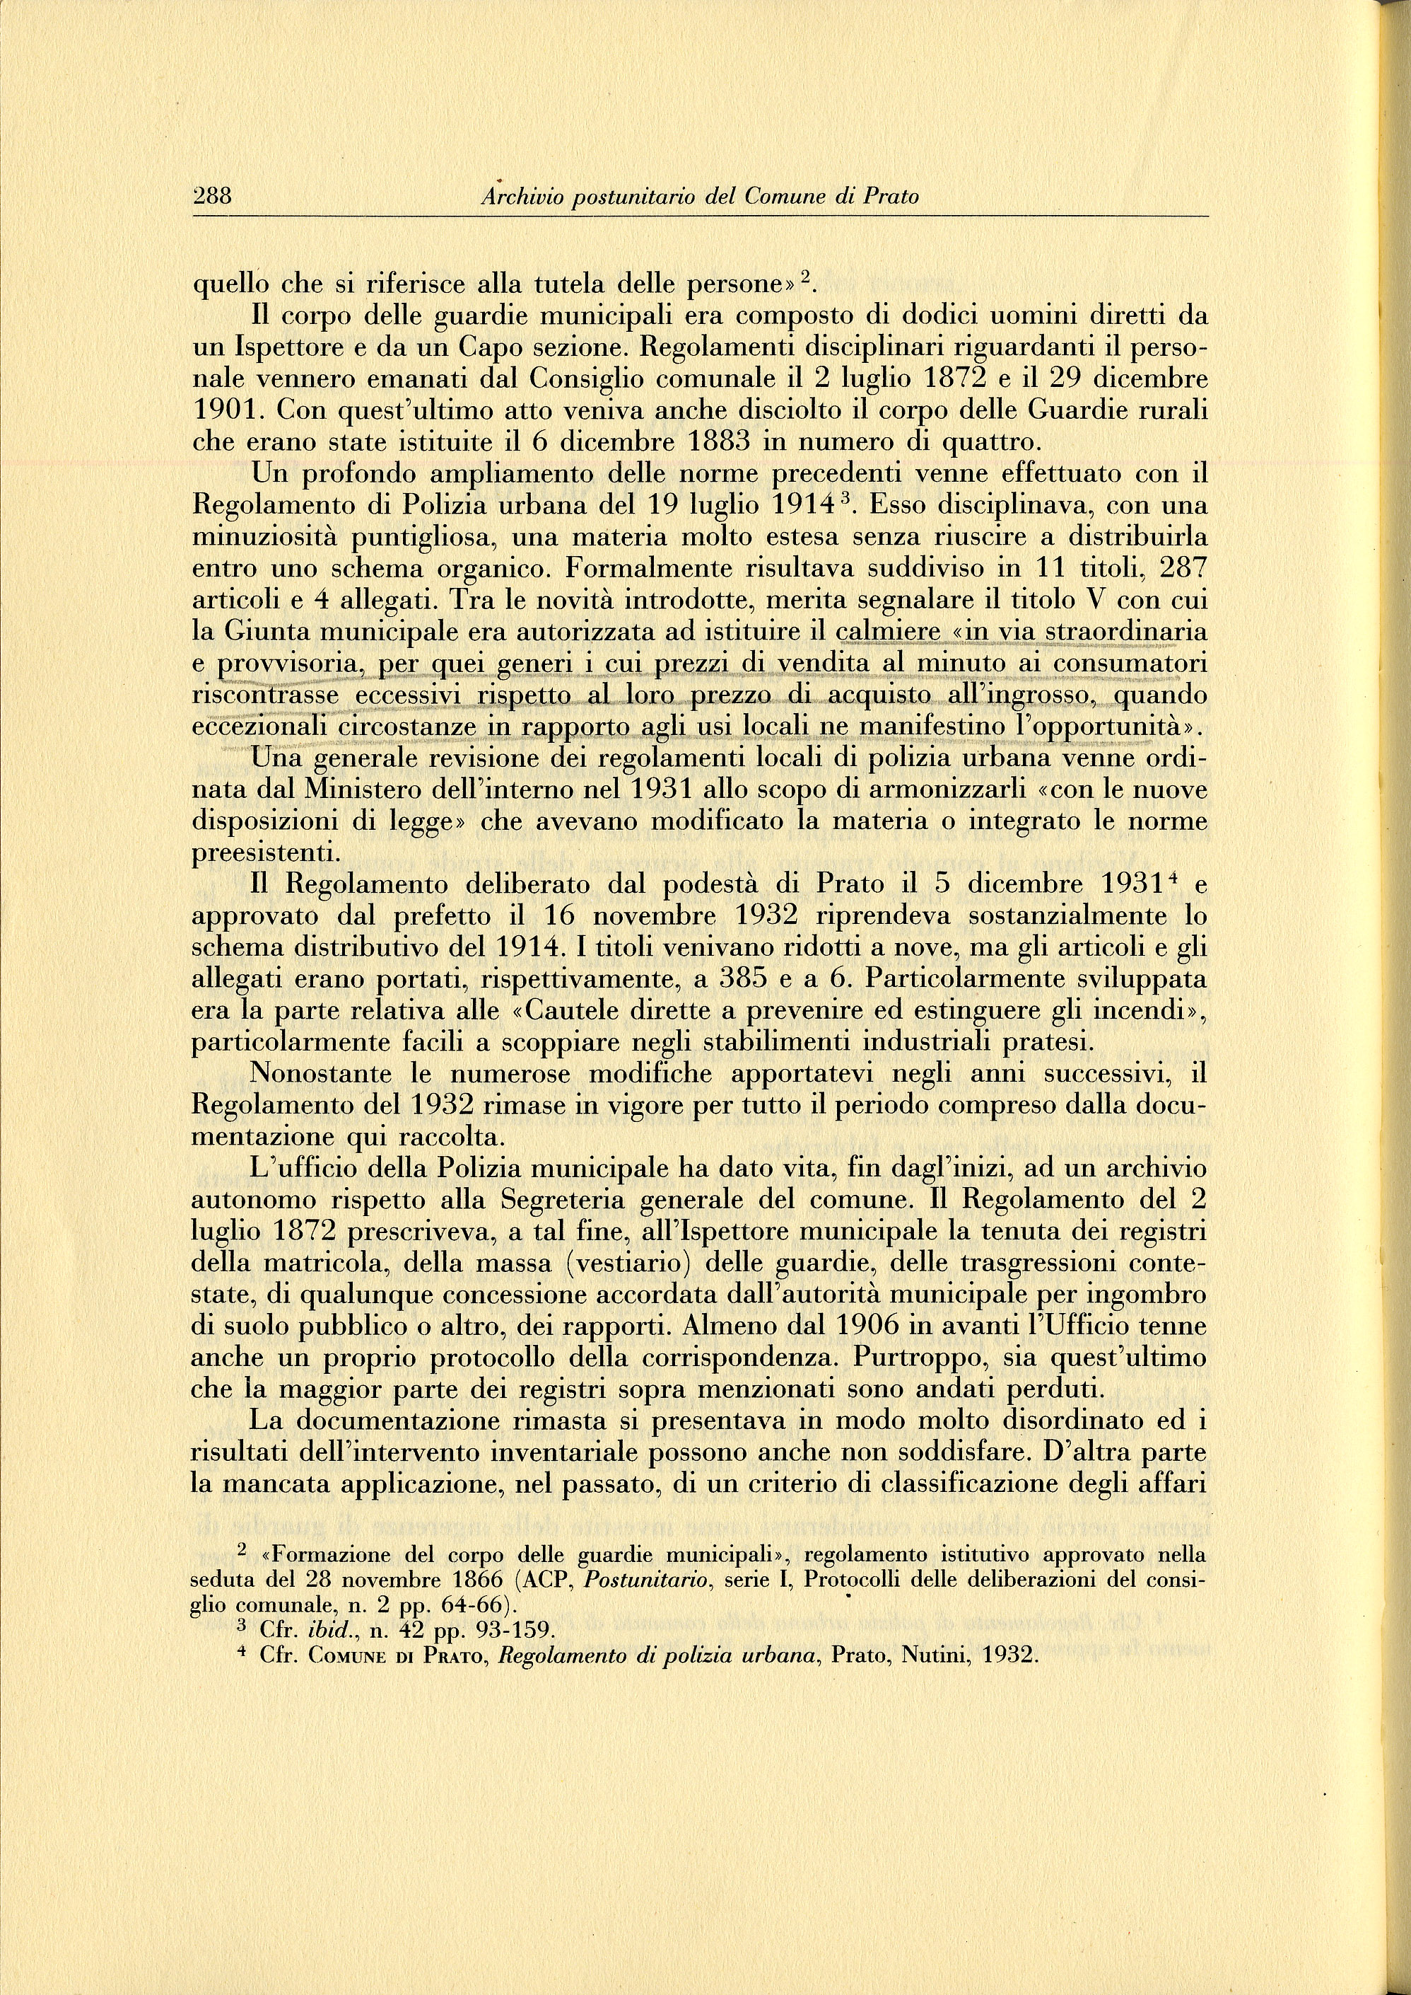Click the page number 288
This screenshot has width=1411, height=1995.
(211, 197)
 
